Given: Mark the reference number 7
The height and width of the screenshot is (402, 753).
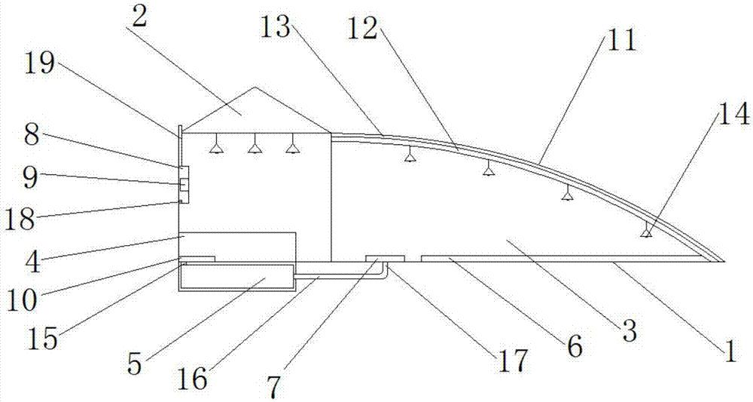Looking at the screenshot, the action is click(273, 386).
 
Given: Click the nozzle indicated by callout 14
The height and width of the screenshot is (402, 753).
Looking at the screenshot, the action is click(646, 232).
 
